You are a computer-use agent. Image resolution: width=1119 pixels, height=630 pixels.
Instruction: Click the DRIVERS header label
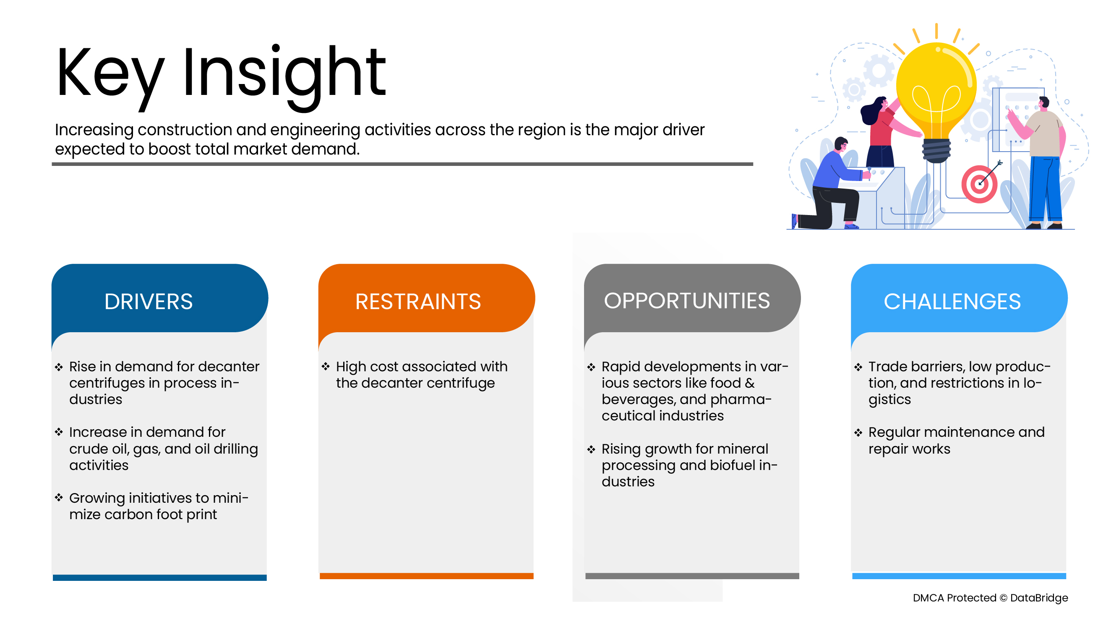(x=149, y=301)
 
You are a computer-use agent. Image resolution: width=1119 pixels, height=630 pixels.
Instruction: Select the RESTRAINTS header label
(x=418, y=301)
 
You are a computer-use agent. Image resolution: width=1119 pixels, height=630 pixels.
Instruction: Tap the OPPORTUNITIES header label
(x=687, y=300)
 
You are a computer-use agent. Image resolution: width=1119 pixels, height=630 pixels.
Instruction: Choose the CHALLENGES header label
(x=952, y=301)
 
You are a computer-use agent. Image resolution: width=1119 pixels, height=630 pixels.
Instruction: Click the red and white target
(x=979, y=184)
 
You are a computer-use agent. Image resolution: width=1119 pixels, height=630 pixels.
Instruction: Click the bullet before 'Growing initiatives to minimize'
(x=59, y=497)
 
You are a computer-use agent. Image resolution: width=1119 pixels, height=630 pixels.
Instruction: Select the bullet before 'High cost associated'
(x=326, y=367)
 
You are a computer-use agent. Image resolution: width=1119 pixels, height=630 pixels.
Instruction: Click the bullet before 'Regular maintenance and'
(x=858, y=433)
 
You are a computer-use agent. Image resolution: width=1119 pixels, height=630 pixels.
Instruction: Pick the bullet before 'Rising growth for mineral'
(x=591, y=449)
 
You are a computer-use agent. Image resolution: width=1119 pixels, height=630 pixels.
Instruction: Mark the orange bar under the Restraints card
(x=426, y=576)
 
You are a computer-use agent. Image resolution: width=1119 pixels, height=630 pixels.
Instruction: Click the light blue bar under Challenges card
(x=959, y=576)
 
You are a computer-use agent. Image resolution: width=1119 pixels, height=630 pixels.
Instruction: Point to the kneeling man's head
(x=841, y=145)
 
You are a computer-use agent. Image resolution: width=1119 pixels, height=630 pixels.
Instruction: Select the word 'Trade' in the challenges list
(x=888, y=367)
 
